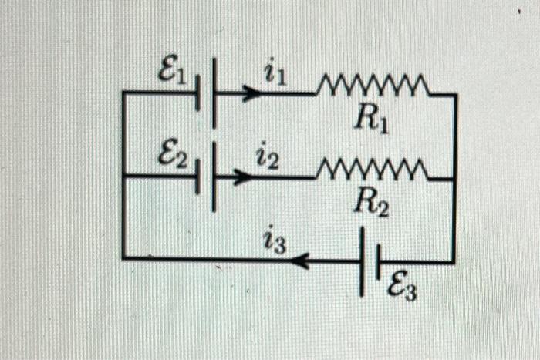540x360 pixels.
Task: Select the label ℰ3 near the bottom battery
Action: pos(403,291)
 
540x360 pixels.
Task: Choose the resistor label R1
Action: pos(372,118)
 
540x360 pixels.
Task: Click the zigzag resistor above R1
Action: pos(372,86)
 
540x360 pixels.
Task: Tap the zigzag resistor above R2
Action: pos(372,169)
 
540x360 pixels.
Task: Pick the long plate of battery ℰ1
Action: pos(214,93)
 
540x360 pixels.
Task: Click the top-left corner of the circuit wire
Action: pos(123,93)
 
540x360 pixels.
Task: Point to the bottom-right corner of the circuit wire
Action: pos(454,261)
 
